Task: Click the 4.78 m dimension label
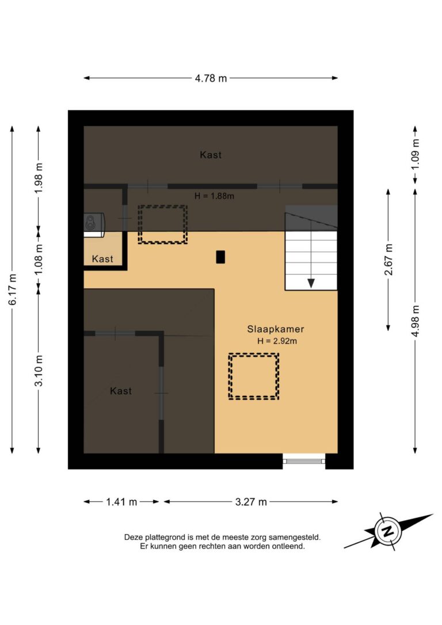[x=211, y=78]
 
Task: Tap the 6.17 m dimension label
[x=12, y=290]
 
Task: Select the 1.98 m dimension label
[x=39, y=180]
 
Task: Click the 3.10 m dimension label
[x=39, y=372]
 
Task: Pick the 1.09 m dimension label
[x=415, y=154]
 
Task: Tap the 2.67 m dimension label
[x=388, y=260]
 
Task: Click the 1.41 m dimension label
[x=121, y=502]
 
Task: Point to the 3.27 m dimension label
[x=251, y=502]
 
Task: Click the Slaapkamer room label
[x=276, y=329]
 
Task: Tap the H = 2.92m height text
[x=277, y=341]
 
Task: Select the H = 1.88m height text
[x=214, y=196]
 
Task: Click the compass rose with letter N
[x=388, y=531]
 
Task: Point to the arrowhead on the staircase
[x=311, y=283]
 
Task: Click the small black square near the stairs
[x=220, y=257]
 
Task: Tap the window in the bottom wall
[x=304, y=460]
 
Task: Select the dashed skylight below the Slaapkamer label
[x=254, y=376]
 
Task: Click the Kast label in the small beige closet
[x=103, y=259]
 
